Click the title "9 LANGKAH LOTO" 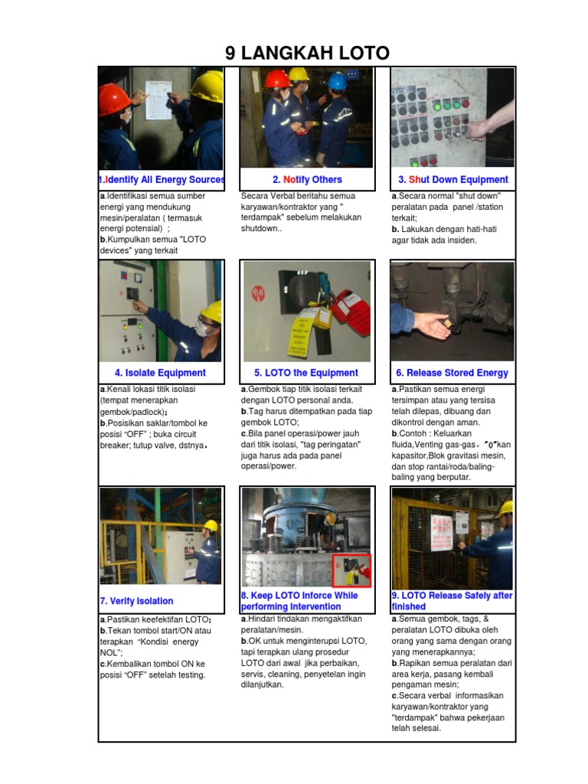tap(307, 53)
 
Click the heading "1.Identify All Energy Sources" tap(162, 180)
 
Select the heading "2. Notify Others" tap(307, 180)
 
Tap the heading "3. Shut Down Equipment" tap(452, 180)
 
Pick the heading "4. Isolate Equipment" tap(160, 373)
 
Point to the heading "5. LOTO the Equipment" tap(306, 373)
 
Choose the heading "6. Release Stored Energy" tap(452, 373)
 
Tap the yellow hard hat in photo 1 tap(207, 87)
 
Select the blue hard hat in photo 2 tap(337, 81)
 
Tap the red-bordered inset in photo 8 tap(351, 570)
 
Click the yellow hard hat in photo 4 tap(211, 312)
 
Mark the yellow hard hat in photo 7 tap(211, 526)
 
